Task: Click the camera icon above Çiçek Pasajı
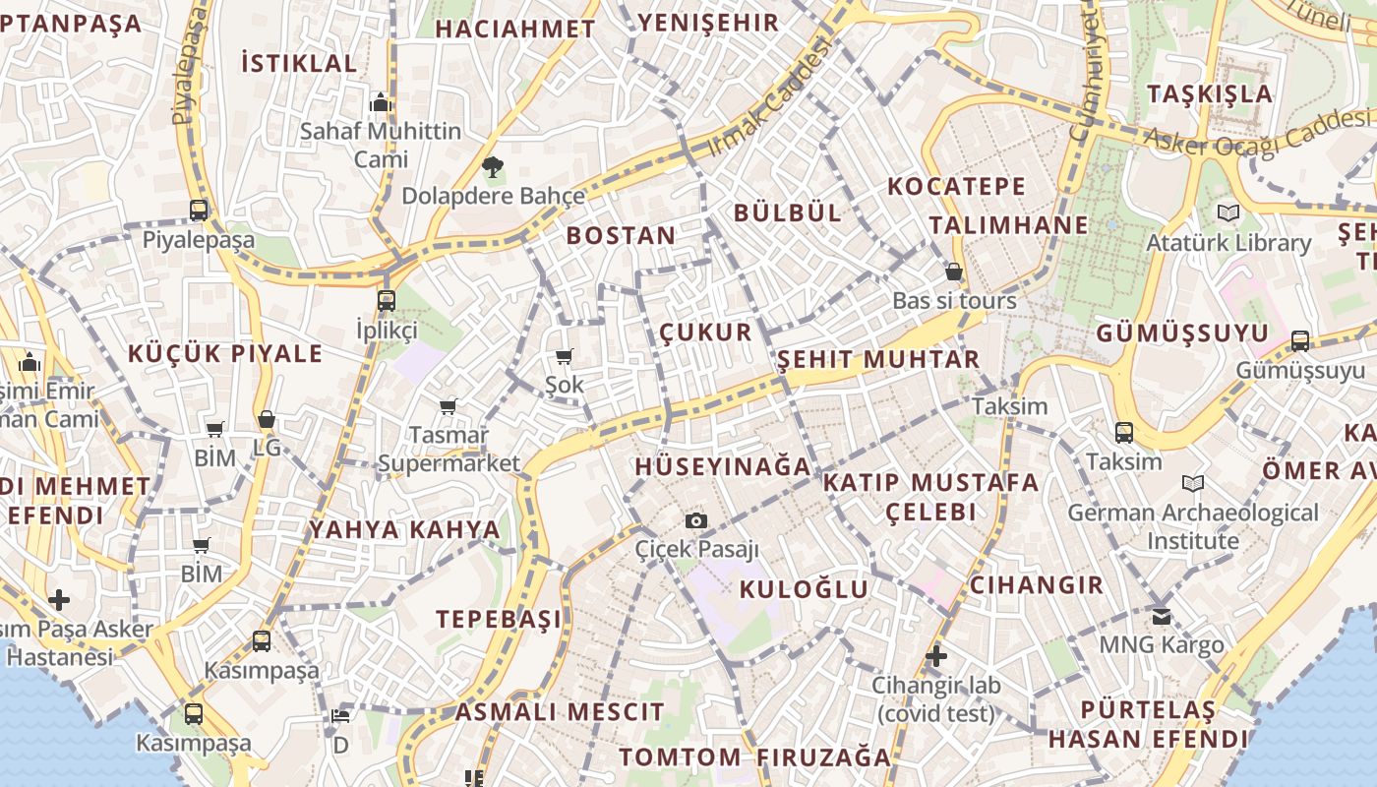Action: [x=696, y=520]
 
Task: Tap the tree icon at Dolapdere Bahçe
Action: [x=493, y=167]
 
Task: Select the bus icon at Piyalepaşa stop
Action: [x=199, y=210]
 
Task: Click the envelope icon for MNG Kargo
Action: [x=1162, y=616]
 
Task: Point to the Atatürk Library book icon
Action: [x=1228, y=212]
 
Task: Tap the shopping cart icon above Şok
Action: [x=564, y=356]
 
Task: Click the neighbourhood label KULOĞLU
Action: [x=804, y=589]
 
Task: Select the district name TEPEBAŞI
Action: [x=499, y=619]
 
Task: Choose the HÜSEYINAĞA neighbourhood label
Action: [x=723, y=466]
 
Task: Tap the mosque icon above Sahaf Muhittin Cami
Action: [x=381, y=102]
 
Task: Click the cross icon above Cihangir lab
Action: [x=935, y=655]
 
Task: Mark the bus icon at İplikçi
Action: [x=387, y=301]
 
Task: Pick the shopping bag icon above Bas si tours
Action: [x=953, y=272]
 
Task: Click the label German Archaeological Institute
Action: [x=1193, y=526]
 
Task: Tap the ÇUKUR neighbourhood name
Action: [x=705, y=332]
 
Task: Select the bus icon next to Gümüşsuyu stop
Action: [x=1300, y=341]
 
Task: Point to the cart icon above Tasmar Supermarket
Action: [x=449, y=405]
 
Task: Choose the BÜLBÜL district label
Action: [x=788, y=212]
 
